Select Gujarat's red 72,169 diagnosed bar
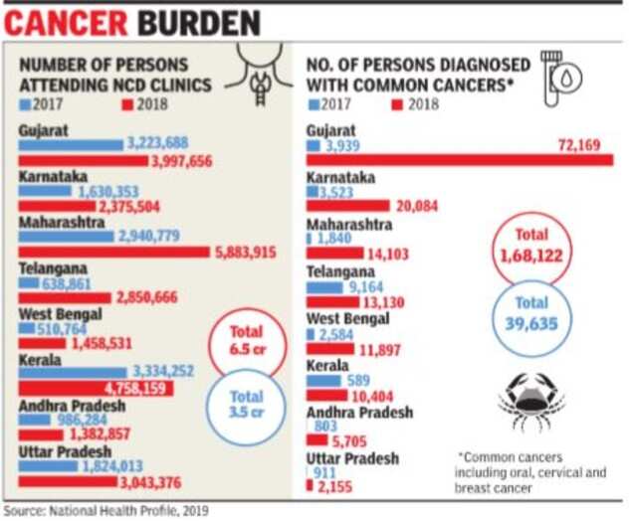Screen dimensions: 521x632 (458, 160)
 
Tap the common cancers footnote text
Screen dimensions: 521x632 (529, 472)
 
